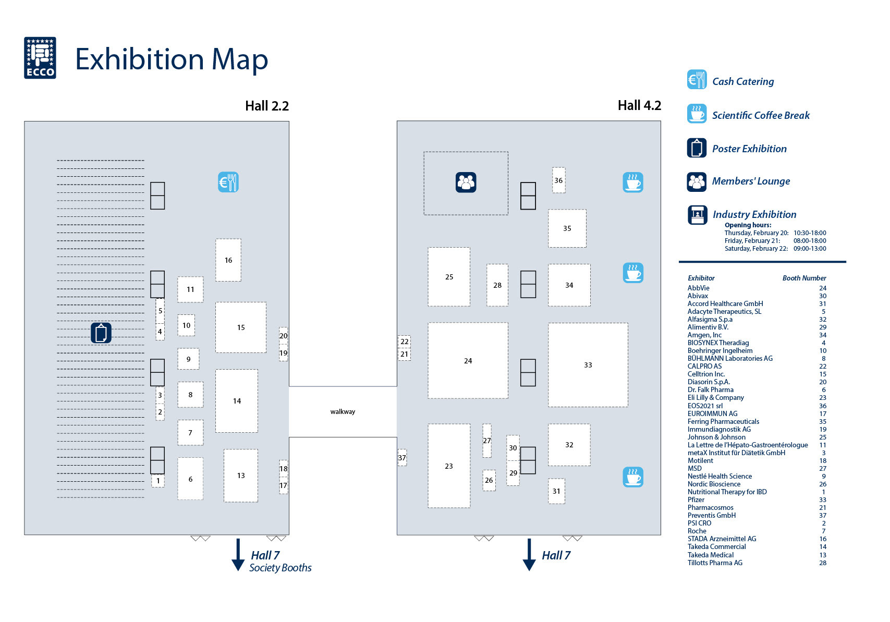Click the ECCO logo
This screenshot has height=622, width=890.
tap(40, 58)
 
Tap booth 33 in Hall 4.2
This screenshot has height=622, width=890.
tap(588, 365)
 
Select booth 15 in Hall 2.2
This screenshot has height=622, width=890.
tap(241, 327)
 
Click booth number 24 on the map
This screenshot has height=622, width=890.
tap(468, 361)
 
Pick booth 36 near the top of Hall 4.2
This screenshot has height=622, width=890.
tap(558, 180)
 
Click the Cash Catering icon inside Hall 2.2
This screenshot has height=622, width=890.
tap(228, 182)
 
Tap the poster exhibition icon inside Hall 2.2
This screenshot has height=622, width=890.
tap(101, 333)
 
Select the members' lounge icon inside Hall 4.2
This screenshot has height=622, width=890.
tap(466, 182)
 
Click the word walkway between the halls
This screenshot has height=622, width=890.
tap(343, 412)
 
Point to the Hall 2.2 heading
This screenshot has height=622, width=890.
tap(267, 106)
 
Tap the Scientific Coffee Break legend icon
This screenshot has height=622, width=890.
tap(697, 114)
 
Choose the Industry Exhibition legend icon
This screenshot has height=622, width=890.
tap(697, 214)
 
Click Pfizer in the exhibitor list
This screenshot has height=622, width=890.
tap(696, 499)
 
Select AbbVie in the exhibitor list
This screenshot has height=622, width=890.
tap(698, 288)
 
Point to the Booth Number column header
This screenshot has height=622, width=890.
tap(804, 278)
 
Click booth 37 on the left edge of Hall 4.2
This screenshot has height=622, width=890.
tap(402, 458)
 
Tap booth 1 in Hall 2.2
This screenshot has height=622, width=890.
tap(158, 481)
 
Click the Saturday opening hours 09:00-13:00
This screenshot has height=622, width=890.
tap(810, 249)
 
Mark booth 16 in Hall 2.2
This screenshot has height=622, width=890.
tap(228, 260)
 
